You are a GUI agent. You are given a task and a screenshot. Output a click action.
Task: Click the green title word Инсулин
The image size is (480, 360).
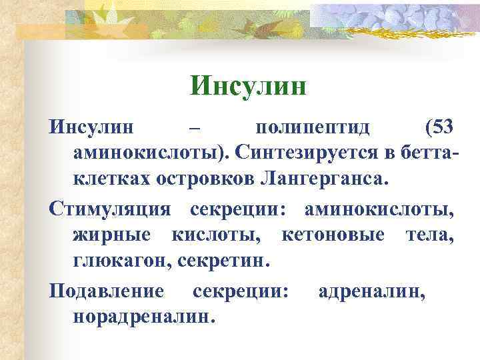pyautogui.click(x=247, y=85)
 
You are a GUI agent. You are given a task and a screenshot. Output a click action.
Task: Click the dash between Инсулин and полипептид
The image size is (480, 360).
pyautogui.click(x=194, y=126)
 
